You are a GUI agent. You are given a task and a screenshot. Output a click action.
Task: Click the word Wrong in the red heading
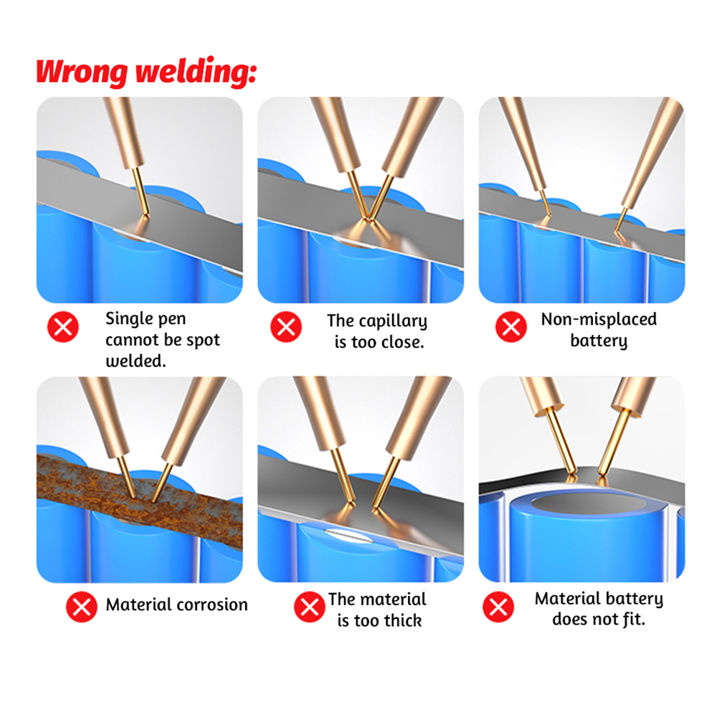[x=82, y=72]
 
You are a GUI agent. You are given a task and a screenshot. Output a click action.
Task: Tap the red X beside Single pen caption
[x=63, y=327]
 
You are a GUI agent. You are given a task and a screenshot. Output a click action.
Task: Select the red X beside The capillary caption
[x=286, y=327]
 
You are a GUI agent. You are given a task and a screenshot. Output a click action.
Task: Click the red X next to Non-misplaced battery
[x=511, y=327]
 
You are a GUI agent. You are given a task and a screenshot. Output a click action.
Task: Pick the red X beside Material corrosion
[x=82, y=607]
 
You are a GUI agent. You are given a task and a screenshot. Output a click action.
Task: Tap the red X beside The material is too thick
[x=310, y=607]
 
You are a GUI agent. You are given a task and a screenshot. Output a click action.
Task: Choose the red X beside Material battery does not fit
[x=498, y=607]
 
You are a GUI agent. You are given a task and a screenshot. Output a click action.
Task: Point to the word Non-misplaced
[x=599, y=319]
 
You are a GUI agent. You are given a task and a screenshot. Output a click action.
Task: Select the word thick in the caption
[x=403, y=620]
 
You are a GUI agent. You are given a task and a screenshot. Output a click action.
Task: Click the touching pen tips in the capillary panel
[x=367, y=219]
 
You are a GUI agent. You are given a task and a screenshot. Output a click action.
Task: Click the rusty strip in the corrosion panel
[x=140, y=500]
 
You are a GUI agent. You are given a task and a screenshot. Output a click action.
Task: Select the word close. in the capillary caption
[x=403, y=342]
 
